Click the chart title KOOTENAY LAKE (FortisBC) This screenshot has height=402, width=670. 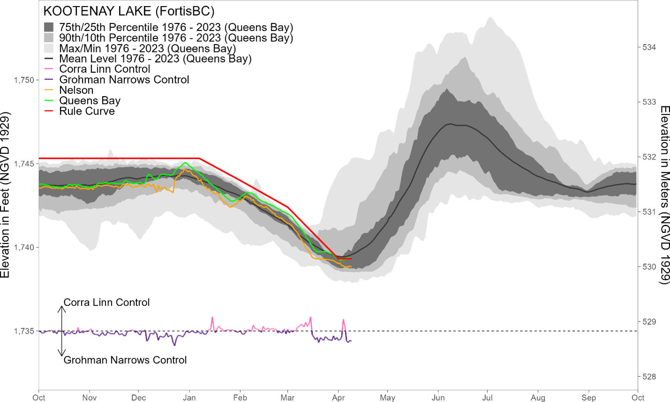tap(129, 11)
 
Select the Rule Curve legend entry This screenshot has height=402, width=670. tap(87, 111)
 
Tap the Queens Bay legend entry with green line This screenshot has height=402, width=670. tap(90, 101)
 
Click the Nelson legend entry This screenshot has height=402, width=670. tap(76, 90)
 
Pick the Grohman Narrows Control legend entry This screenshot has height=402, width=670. tap(124, 80)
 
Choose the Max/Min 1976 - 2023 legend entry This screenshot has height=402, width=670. tap(147, 48)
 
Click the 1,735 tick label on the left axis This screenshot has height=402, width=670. tap(24, 331)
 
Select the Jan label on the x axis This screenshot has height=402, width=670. tap(189, 398)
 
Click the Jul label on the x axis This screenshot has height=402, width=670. tap(487, 398)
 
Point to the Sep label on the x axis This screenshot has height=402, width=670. tap(589, 398)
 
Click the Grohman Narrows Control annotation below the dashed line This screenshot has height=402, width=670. tap(125, 360)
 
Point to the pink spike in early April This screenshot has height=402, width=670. tap(343, 320)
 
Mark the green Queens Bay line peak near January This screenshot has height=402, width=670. tap(185, 163)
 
